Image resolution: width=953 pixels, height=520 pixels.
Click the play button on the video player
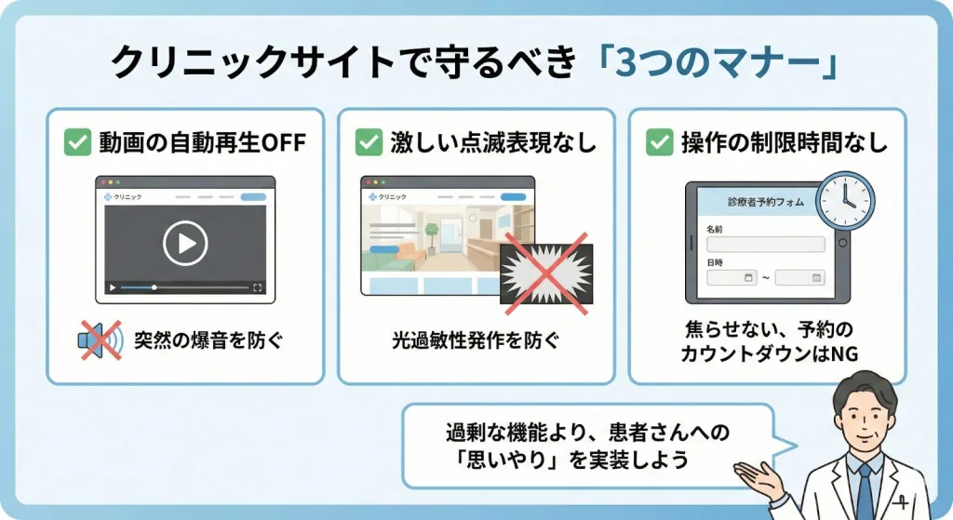tap(185, 243)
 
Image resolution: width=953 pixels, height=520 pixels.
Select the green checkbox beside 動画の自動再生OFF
tap(78, 142)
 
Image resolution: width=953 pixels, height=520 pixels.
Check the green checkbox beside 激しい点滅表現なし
tap(369, 142)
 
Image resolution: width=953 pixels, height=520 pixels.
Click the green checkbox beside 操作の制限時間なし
tap(660, 142)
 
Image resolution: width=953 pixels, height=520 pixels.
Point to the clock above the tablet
tap(845, 201)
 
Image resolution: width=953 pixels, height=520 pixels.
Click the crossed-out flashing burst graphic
tap(546, 274)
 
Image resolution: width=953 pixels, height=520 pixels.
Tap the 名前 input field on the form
tap(765, 245)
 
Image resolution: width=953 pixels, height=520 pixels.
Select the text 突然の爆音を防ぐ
tap(208, 340)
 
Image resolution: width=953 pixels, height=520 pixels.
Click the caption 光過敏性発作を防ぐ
tap(476, 340)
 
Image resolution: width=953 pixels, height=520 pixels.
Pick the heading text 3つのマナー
tap(716, 62)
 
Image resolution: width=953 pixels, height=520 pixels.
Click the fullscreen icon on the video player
tap(257, 287)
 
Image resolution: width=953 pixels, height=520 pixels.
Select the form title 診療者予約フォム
tap(765, 202)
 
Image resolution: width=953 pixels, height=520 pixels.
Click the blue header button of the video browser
tap(253, 197)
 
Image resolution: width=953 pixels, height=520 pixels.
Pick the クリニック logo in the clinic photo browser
tap(388, 197)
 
